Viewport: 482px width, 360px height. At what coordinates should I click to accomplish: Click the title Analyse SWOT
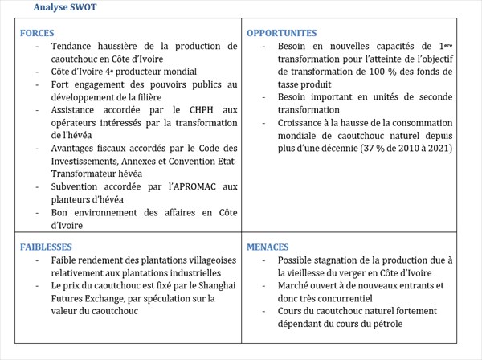(x=67, y=7)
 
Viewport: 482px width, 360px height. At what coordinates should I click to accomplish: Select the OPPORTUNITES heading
(x=282, y=34)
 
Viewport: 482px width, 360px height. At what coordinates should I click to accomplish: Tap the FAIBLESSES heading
(x=46, y=247)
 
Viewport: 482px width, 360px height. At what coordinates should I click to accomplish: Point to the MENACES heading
(x=268, y=247)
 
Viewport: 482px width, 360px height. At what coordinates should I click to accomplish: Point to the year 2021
(x=438, y=148)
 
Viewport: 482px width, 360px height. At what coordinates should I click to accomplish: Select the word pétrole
(x=385, y=324)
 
